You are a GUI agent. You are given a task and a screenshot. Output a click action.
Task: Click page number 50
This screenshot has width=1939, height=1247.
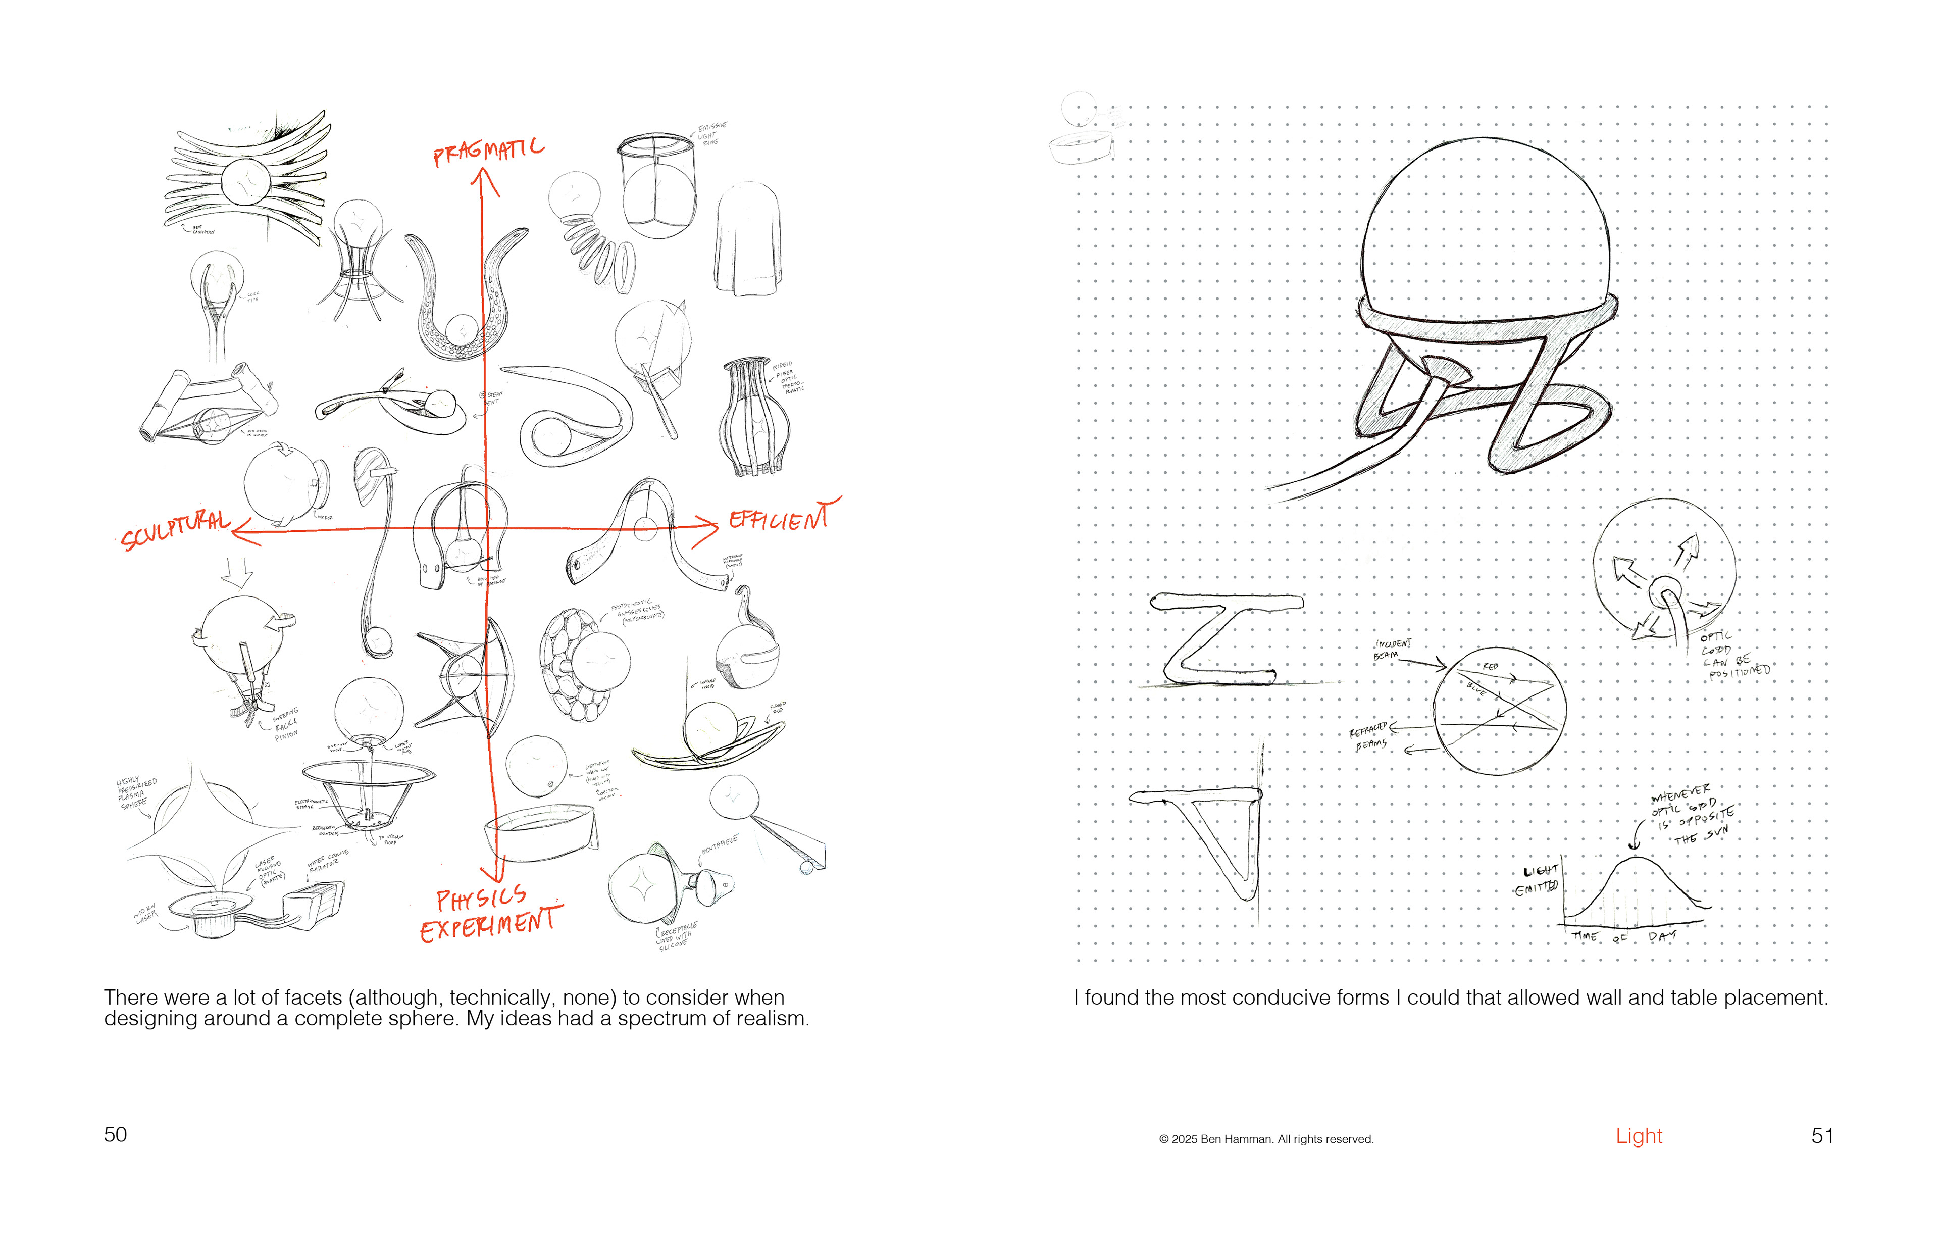pos(115,1134)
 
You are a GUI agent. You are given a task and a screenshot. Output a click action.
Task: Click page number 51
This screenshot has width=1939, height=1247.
pos(1822,1136)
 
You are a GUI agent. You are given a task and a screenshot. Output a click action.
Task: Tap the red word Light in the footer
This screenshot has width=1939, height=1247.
pos(1638,1136)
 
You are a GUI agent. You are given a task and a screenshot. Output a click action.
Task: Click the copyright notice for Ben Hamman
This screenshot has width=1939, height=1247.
pos(1266,1139)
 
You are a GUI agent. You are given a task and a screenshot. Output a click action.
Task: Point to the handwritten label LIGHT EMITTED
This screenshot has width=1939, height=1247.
pos(1538,880)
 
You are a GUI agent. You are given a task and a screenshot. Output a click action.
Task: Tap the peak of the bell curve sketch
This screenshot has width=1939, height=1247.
pos(1635,858)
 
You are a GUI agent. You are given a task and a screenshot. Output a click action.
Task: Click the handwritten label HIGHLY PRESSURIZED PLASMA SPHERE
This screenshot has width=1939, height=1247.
pos(136,793)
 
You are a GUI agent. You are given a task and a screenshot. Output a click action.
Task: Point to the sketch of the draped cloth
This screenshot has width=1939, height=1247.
pos(747,240)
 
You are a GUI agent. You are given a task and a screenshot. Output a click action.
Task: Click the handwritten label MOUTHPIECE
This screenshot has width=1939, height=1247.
pos(719,845)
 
